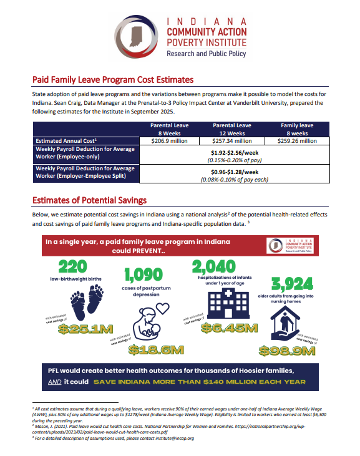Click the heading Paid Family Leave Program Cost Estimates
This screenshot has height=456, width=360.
113,80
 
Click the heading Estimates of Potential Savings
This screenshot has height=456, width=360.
89,200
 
